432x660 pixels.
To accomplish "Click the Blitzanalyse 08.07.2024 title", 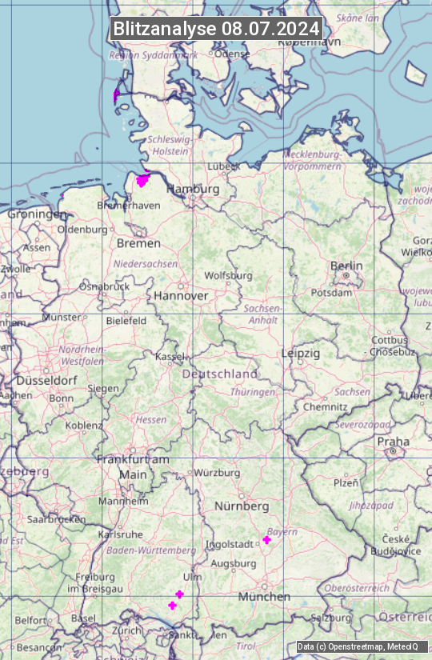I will tap(216, 29).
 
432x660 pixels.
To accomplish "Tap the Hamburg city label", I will tap(192, 189).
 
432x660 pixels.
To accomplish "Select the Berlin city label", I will tap(346, 266).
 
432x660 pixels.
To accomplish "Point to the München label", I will tap(264, 597).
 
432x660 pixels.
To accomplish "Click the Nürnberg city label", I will tap(242, 506).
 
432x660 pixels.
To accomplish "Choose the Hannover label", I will tap(181, 295).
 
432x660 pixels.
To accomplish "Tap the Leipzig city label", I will tap(301, 353).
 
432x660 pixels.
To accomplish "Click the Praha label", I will tap(393, 442).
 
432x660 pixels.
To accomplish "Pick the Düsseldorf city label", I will tap(47, 381).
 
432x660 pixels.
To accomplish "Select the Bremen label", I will tap(133, 242).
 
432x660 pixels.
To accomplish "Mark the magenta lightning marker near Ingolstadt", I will tap(266, 540).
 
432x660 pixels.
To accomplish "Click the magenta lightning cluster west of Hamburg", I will tap(143, 181).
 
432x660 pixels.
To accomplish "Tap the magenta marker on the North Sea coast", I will tap(117, 96).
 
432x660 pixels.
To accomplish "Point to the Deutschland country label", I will tap(220, 374).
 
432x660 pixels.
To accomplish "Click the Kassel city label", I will tap(169, 355).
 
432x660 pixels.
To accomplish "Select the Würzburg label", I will tap(217, 473).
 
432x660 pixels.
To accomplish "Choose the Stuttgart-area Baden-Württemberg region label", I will tap(151, 550).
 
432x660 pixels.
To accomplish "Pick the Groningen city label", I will tap(38, 214).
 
